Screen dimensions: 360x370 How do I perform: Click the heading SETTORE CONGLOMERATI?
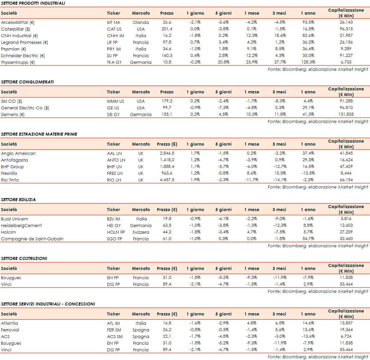27,82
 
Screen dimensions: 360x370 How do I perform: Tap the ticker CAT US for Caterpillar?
114,29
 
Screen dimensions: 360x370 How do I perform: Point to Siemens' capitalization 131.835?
346,114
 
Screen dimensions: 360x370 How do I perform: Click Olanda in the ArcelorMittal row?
141,23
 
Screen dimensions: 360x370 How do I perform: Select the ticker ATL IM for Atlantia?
113,323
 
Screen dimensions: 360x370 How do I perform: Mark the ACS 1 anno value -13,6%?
308,336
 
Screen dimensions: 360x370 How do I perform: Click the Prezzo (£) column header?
167,144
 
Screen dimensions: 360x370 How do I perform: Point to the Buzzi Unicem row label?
15,219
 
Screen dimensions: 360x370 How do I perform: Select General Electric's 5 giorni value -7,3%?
223,108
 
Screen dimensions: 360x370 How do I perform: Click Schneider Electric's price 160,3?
167,56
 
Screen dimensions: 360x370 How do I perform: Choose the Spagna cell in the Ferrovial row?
141,330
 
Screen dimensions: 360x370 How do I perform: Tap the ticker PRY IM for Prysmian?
114,49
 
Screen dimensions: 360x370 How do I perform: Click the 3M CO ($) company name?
12,101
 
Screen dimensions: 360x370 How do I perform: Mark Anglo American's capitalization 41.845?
346,153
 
